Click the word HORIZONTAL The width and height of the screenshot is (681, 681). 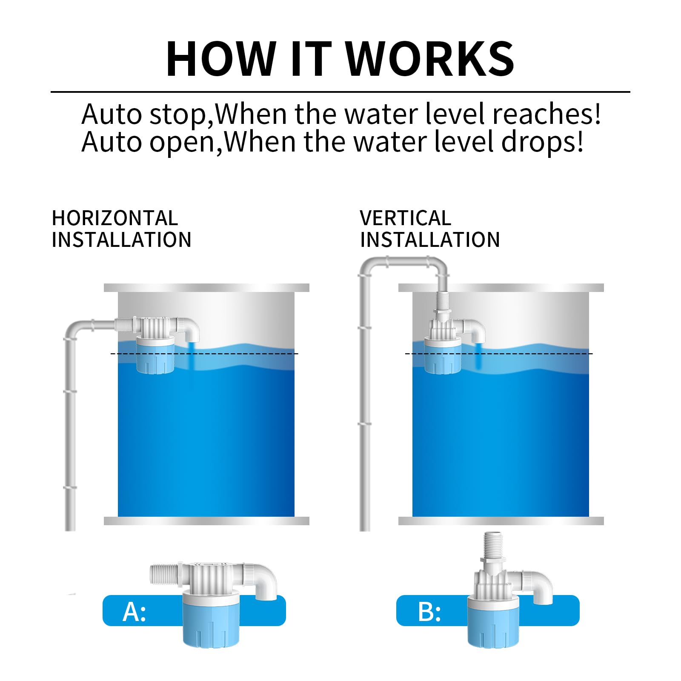114,218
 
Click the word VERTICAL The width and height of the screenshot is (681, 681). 405,218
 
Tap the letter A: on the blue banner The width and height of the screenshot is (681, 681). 134,612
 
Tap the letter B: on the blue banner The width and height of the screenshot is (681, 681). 429,612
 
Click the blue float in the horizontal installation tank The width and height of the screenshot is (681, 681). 155,355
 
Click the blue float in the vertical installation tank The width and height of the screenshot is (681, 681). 443,355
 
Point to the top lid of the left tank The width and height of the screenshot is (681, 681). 206,288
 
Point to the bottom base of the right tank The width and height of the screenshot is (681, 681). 501,521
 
